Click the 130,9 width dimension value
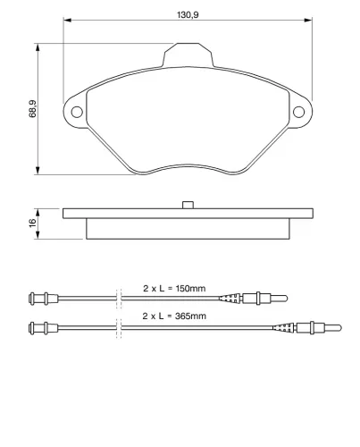pos(188,14)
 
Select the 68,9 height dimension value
pos(32,109)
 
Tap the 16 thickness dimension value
pos(32,223)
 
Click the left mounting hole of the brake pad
pos(77,112)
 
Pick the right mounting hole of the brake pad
pos(298,112)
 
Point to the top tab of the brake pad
pos(188,55)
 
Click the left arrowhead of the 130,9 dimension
pos(67,21)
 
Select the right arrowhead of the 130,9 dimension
pos(308,21)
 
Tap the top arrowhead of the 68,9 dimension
pos(38,47)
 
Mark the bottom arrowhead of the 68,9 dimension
pos(38,170)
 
